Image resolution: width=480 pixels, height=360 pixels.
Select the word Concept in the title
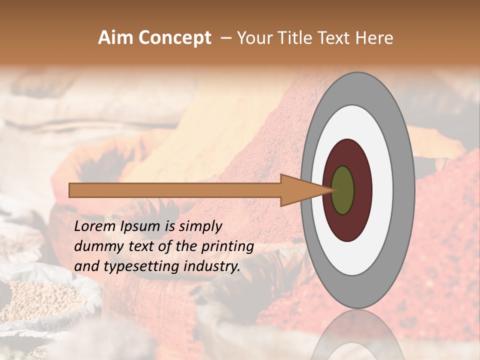[x=174, y=38]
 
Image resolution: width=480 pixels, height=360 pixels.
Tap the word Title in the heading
[x=295, y=38]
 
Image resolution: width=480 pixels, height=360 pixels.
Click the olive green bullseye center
[x=343, y=190]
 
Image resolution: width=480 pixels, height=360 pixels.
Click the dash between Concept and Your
[x=226, y=38]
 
